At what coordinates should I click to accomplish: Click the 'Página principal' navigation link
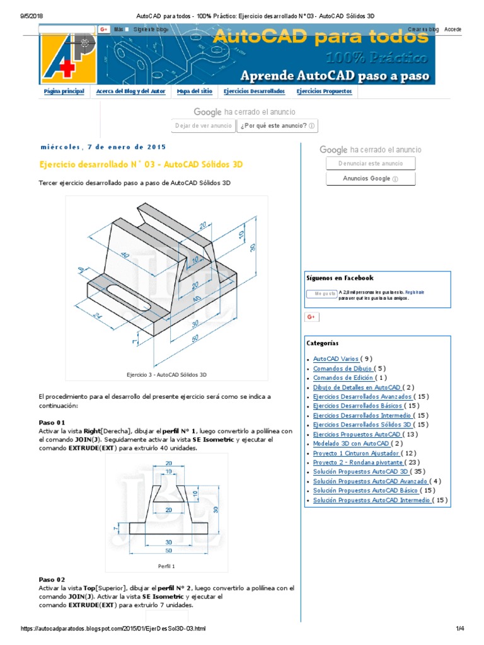pos(64,91)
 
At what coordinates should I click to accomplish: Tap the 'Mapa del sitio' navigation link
pos(194,91)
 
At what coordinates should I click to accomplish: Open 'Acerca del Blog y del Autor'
pos(130,91)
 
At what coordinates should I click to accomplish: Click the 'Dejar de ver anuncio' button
pos(204,125)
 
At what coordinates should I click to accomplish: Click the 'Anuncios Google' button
pos(371,179)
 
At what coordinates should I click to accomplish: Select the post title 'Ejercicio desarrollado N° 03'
pos(141,164)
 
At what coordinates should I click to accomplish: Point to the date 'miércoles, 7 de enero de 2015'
pos(103,147)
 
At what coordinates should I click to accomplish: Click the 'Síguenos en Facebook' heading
pos(340,278)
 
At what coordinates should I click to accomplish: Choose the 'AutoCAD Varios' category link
pos(336,359)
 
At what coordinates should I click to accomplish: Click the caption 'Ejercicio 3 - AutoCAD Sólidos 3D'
pos(166,375)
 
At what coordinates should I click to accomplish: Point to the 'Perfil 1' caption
pos(166,566)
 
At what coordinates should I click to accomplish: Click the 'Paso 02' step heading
pos(52,579)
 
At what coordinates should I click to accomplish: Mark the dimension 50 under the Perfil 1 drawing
pos(169,551)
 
